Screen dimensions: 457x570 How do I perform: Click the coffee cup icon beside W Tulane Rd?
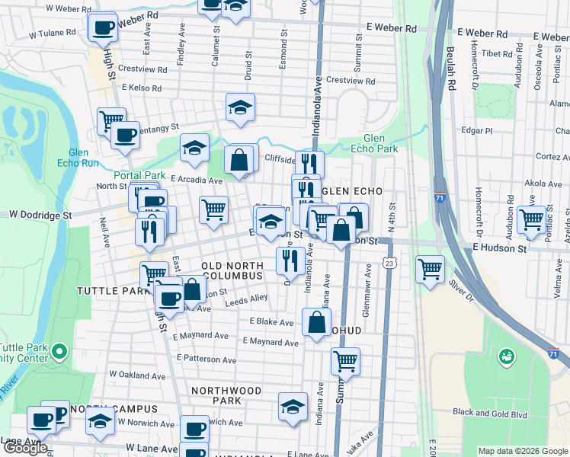click(103, 29)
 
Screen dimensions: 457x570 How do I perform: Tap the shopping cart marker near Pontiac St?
click(531, 219)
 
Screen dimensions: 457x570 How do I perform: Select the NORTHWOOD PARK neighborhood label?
click(226, 395)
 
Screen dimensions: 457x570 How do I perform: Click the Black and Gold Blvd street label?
click(490, 412)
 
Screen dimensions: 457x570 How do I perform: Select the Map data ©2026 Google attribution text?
click(522, 451)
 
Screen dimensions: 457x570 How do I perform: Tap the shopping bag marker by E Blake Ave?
click(316, 322)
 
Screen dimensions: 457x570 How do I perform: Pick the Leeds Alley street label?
click(246, 302)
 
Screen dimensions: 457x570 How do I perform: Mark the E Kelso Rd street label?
click(142, 88)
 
